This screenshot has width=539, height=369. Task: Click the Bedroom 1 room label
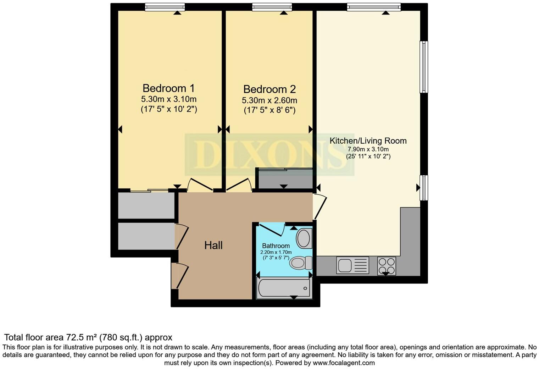[x=168, y=88]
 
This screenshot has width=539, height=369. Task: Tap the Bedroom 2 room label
[x=269, y=89]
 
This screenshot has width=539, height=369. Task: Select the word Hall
[x=213, y=245]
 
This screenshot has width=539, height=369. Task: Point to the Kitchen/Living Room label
[x=368, y=141]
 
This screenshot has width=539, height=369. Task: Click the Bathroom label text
[x=276, y=246]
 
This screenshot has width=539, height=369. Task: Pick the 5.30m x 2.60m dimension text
[x=269, y=100]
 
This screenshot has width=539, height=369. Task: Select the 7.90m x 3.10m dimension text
[x=368, y=149]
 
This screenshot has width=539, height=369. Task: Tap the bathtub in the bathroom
[x=284, y=288]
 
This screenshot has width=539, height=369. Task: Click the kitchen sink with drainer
[x=352, y=265]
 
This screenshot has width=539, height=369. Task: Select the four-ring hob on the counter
[x=387, y=266]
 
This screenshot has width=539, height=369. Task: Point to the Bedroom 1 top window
[x=165, y=7]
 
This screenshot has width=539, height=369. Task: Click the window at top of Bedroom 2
[x=272, y=7]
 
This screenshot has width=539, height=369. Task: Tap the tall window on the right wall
[x=424, y=67]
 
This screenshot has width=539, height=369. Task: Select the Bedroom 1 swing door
[x=200, y=184]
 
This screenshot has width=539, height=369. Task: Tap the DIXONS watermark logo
[x=269, y=155]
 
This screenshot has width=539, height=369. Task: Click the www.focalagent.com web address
[x=343, y=363]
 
